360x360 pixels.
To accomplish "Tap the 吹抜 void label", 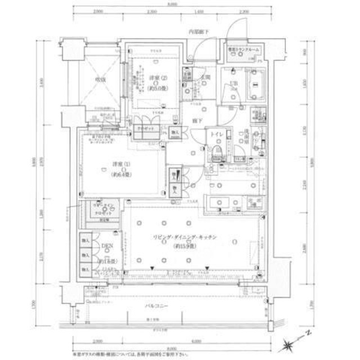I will [x=101, y=79].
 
